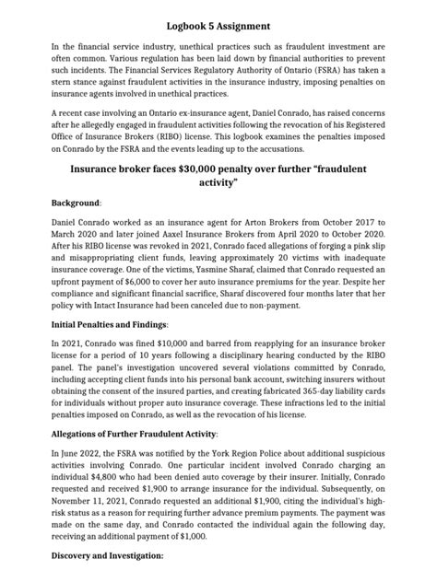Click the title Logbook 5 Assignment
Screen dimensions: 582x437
218,14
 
